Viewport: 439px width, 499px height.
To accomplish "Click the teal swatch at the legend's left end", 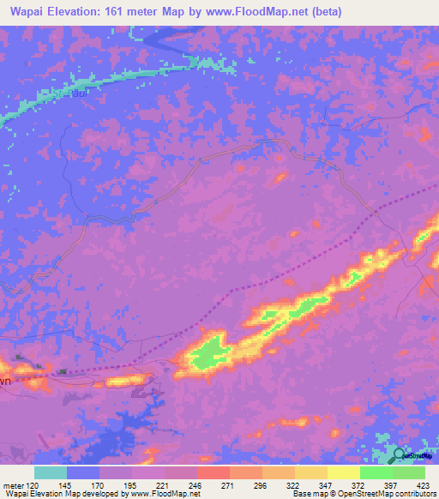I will [51, 472].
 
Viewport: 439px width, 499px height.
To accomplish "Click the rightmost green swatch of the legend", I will [408, 472].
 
